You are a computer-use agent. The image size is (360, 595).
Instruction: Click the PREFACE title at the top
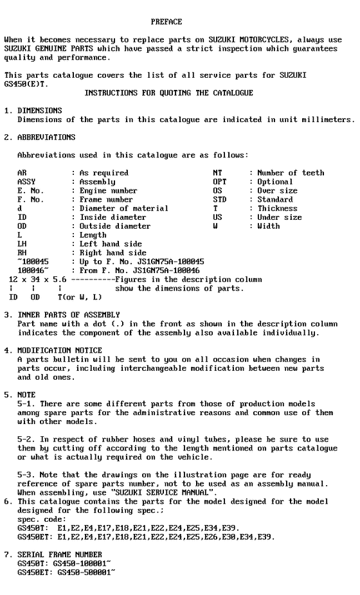[x=166, y=22]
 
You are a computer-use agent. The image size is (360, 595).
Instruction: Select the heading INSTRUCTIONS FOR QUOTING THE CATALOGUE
[x=168, y=93]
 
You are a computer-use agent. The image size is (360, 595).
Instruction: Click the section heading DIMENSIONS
[x=40, y=111]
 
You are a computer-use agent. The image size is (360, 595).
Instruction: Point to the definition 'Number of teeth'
[x=291, y=173]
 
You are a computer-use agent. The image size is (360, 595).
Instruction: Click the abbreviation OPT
[x=219, y=182]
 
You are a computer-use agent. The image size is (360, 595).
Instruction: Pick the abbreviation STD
[x=219, y=200]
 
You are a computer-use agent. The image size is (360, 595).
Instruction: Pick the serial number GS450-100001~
[x=84, y=563]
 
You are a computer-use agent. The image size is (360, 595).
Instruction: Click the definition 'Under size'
[x=280, y=217]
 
